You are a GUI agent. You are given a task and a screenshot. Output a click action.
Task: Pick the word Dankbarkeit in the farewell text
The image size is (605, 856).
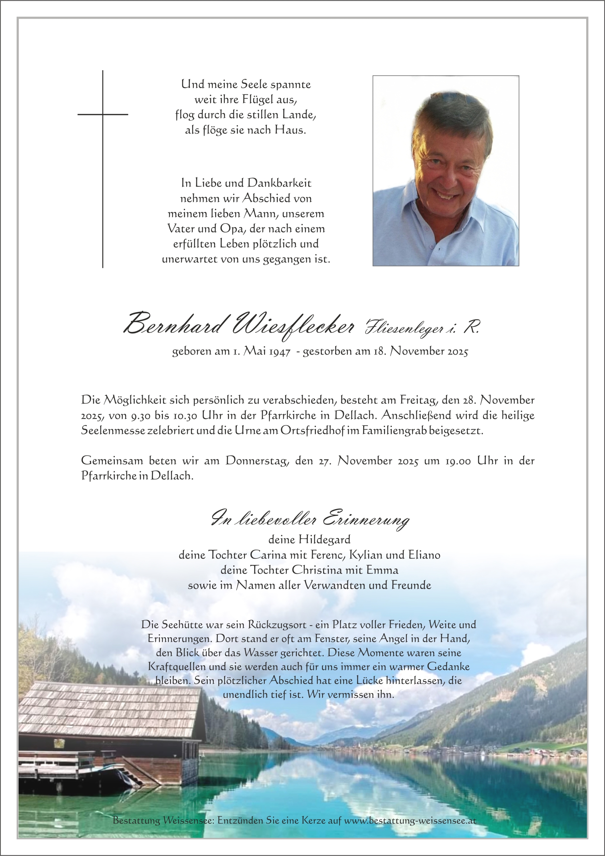pyautogui.click(x=280, y=183)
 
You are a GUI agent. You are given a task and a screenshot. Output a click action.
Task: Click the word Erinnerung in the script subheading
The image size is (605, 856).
pyautogui.click(x=366, y=520)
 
